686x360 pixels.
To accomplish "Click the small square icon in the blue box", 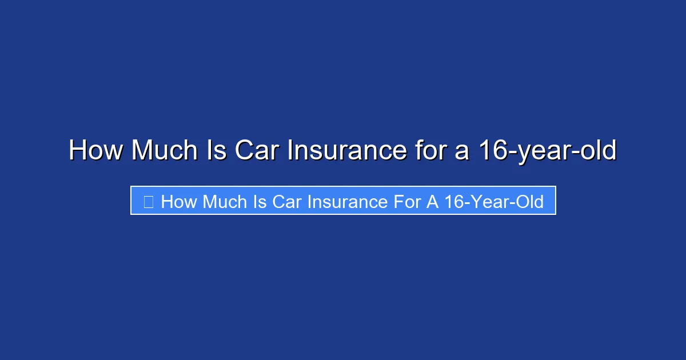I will pyautogui.click(x=148, y=201).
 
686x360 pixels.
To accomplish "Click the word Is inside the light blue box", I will pyautogui.click(x=260, y=201).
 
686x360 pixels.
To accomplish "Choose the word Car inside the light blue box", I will pyautogui.click(x=288, y=201).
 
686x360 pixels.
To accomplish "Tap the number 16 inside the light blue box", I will pyautogui.click(x=454, y=201).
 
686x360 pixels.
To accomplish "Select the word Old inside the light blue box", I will pyautogui.click(x=529, y=201).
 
